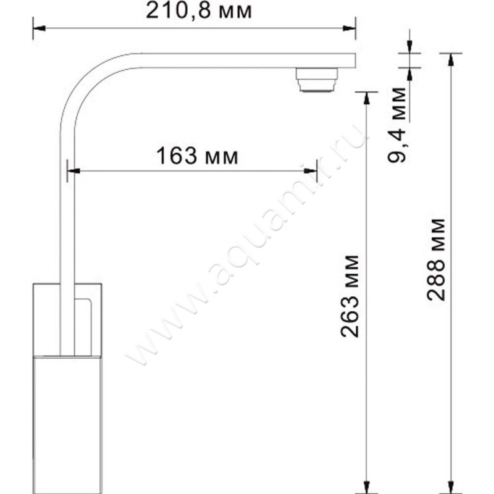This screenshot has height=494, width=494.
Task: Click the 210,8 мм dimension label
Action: click(199, 11)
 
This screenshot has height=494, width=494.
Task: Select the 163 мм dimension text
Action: click(197, 156)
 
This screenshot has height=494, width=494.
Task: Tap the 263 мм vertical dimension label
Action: click(350, 296)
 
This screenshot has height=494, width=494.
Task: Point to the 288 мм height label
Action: click(436, 259)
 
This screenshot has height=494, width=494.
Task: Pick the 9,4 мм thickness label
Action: click(396, 125)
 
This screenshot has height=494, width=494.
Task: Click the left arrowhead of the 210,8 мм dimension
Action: click(39, 28)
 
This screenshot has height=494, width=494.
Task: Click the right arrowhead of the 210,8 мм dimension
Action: click(350, 28)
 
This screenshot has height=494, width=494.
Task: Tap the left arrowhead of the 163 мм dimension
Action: click(73, 171)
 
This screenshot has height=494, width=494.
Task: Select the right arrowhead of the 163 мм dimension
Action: click(311, 171)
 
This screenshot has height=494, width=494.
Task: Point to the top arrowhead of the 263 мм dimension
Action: click(366, 98)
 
